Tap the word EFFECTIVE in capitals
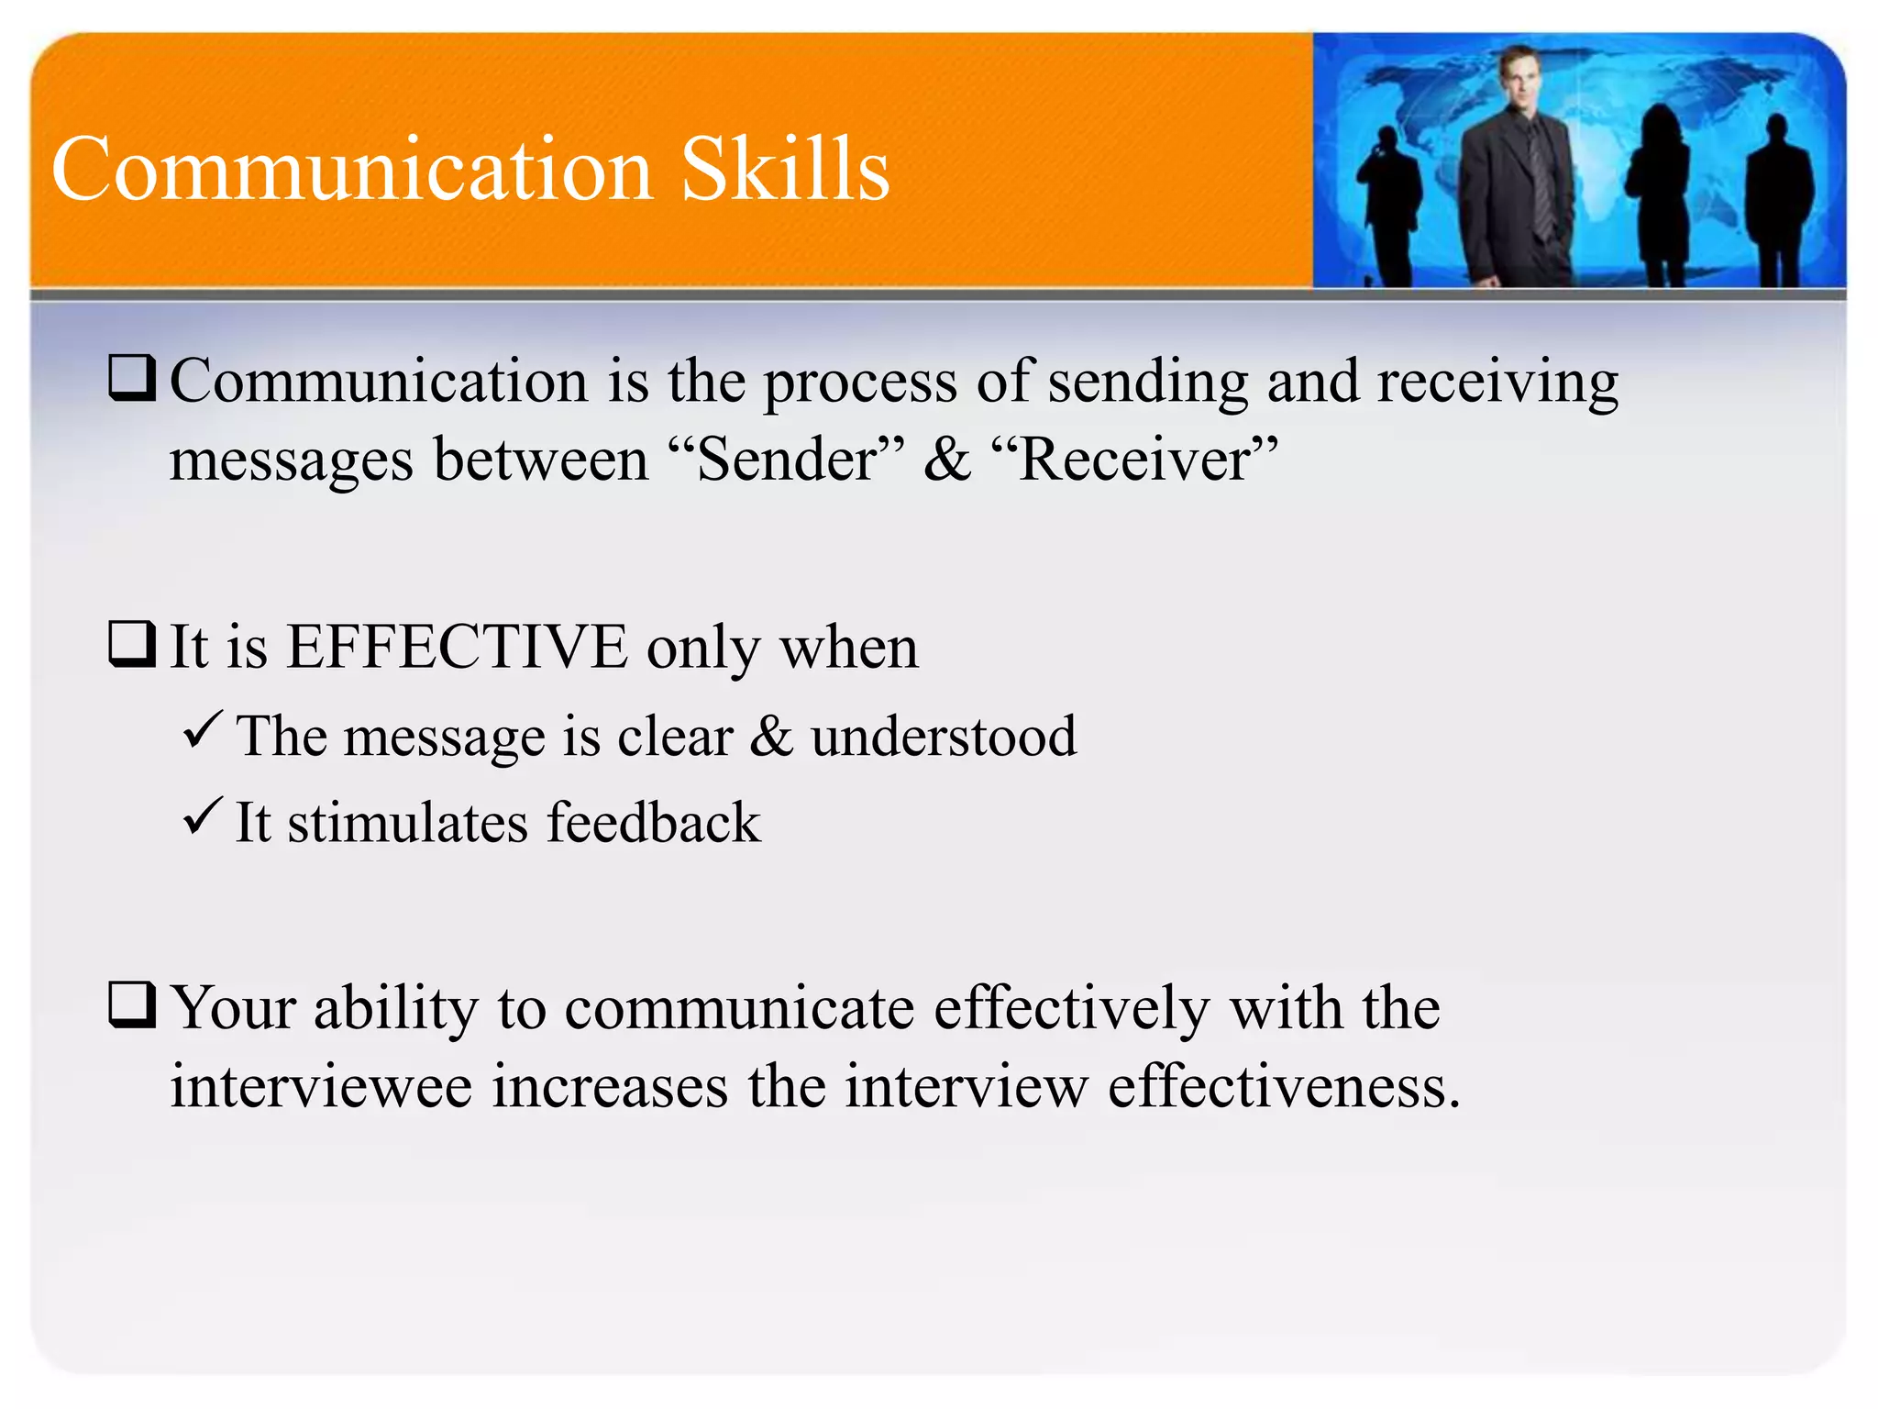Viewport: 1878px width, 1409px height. coord(457,647)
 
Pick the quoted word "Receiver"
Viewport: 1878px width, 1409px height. coord(1135,459)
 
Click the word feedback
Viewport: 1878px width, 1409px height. coord(654,822)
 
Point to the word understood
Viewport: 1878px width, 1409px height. coord(944,736)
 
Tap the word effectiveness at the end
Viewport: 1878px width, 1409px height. coord(1284,1086)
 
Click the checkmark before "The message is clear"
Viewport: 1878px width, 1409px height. coord(201,730)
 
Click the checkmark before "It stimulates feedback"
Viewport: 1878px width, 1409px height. coord(201,815)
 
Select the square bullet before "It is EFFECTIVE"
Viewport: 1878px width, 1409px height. coord(132,644)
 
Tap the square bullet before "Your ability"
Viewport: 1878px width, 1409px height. coord(132,1004)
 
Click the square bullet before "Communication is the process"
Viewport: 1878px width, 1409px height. coord(132,378)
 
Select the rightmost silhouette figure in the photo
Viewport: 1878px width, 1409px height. coord(1778,202)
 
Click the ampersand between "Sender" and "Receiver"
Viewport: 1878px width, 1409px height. coord(946,459)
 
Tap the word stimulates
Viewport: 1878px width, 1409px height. coord(407,822)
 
